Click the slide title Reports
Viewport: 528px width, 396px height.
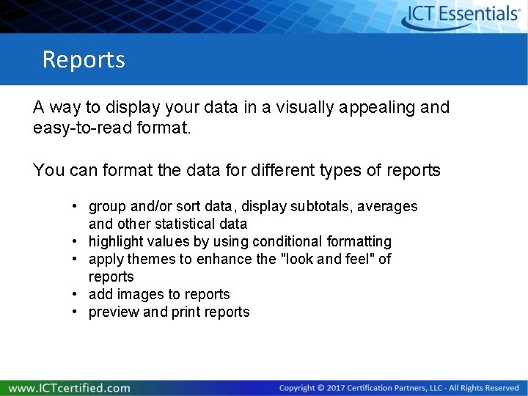[x=84, y=59]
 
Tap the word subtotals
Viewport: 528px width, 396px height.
[x=321, y=207]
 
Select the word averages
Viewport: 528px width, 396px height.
[x=387, y=207]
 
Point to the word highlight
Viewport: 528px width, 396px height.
[x=114, y=241]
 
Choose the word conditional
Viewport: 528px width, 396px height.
[x=282, y=241]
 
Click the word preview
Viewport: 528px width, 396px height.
[x=113, y=312]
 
